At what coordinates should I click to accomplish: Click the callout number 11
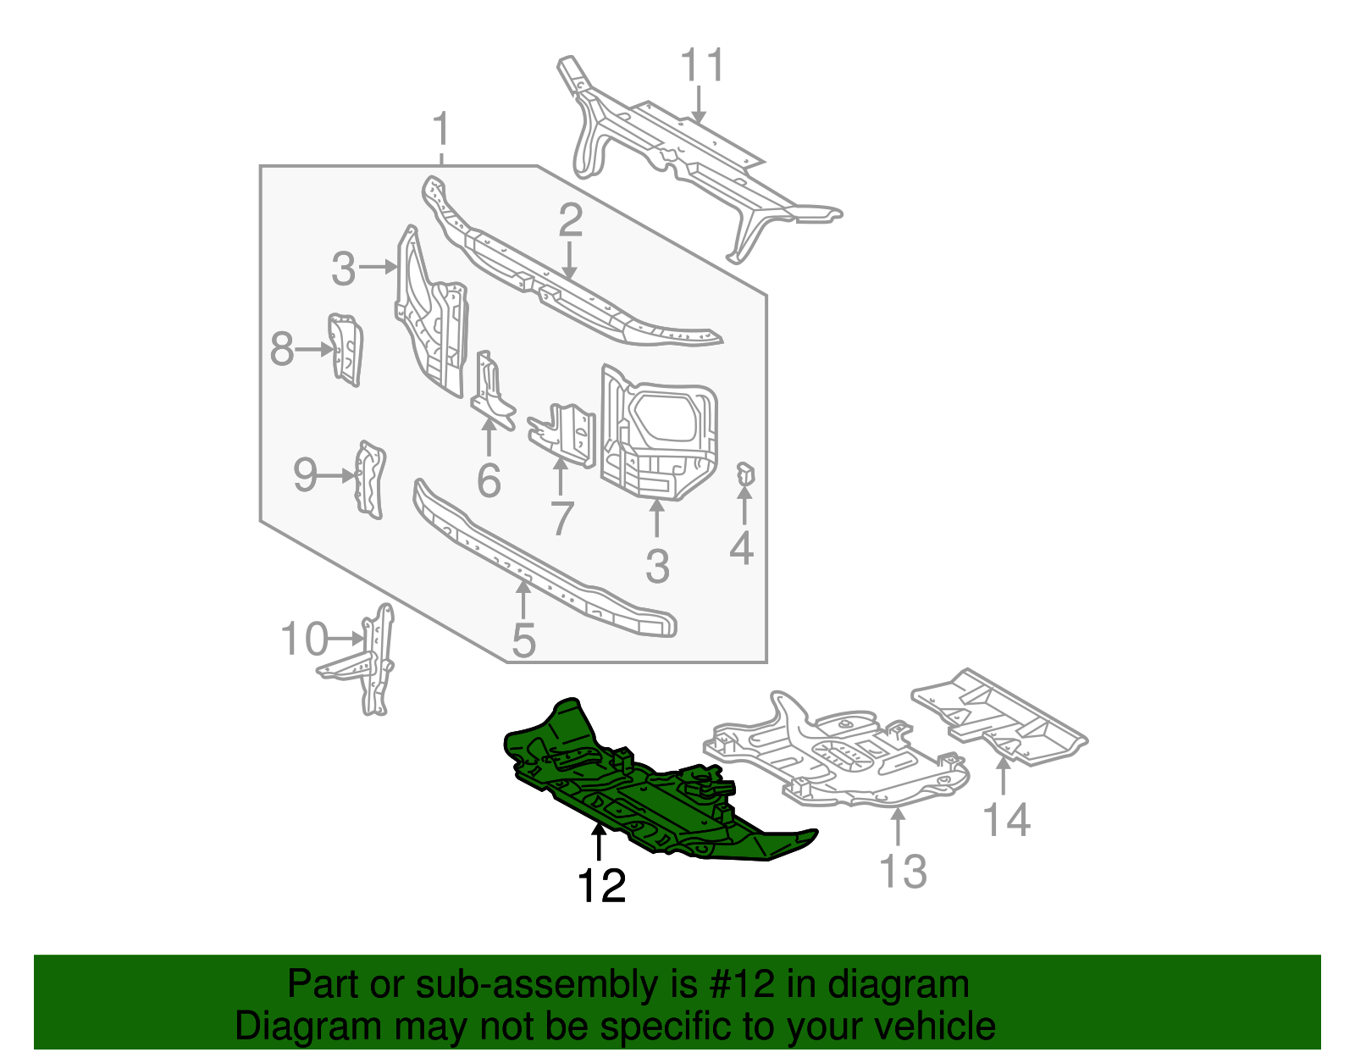703,65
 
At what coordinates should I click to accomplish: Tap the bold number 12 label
601,886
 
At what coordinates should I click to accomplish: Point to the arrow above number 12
599,843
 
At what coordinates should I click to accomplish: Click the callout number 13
903,871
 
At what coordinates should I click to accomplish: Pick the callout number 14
1006,820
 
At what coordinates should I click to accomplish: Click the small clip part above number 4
744,476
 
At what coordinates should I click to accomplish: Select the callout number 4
741,548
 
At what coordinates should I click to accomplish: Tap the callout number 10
303,639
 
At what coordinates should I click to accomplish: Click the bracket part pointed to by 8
346,349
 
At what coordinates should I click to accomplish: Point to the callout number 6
489,480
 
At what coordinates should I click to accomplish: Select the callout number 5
523,640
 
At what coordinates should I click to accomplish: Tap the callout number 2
570,220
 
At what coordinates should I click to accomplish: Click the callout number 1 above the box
440,131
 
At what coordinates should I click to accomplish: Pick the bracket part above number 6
492,390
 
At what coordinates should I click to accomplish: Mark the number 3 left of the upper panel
343,269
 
